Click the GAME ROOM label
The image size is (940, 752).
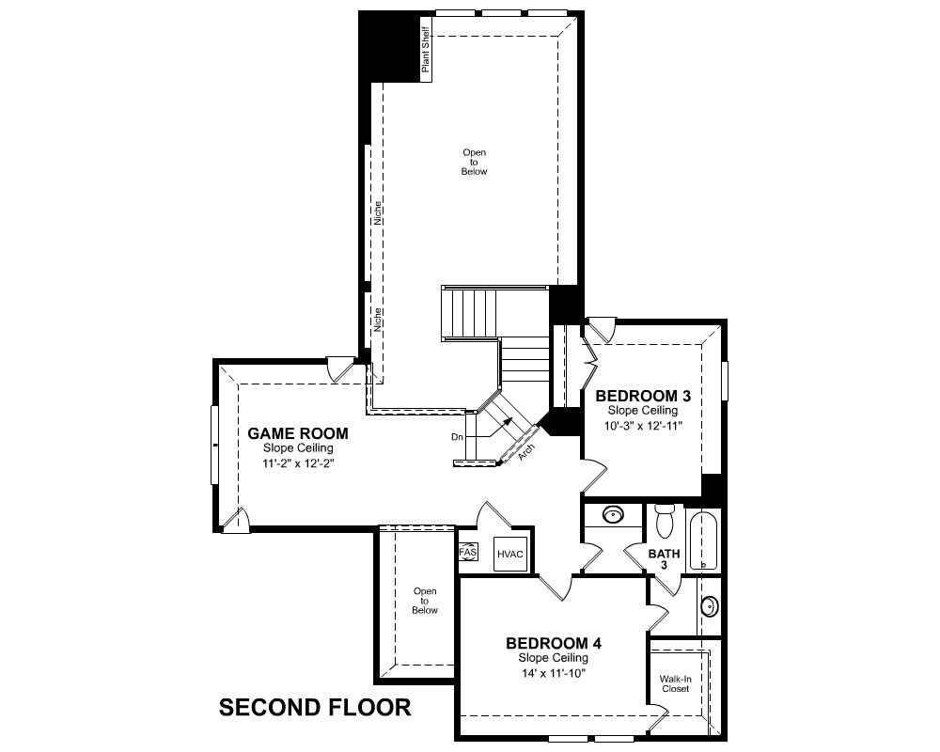coord(298,433)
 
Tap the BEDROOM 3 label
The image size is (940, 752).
coord(643,396)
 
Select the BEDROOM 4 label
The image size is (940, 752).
coord(554,644)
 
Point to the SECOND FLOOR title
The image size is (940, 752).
coord(315,708)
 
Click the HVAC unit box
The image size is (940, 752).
coord(510,554)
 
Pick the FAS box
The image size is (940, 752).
coord(468,552)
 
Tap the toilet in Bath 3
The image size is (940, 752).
coord(665,520)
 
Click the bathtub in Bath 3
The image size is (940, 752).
coord(703,540)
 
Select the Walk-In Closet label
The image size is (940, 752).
coord(676,683)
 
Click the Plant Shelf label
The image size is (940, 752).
coord(426,49)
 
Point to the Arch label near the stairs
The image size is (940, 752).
coord(525,452)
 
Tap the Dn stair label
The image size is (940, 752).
coord(458,437)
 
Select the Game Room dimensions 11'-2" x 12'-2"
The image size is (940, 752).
coord(298,463)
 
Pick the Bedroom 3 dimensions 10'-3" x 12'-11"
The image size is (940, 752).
coord(644,426)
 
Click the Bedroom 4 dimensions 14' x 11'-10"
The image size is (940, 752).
coord(554,673)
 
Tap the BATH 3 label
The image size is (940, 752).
coord(665,559)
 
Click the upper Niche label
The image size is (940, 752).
coord(378,212)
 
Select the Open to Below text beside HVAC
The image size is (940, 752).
coord(425,601)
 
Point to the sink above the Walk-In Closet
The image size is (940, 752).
coord(709,606)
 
